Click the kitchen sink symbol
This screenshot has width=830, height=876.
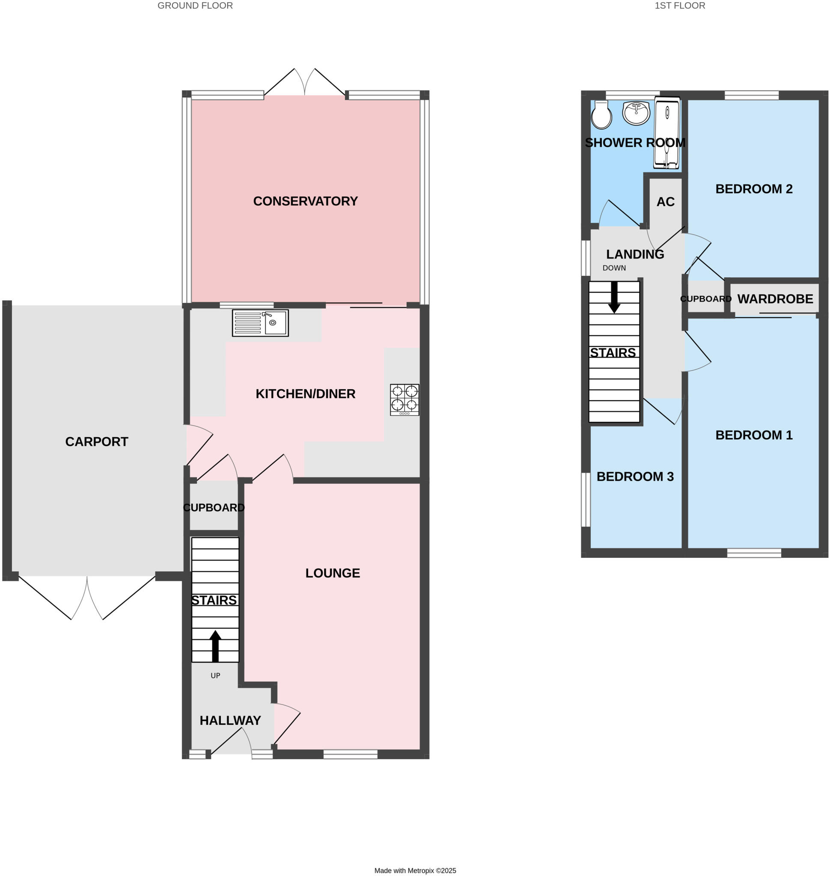[x=260, y=323]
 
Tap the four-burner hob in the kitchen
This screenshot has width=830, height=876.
[x=405, y=400]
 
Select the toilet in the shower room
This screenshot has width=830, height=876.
[x=601, y=115]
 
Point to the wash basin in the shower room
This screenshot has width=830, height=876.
[x=636, y=113]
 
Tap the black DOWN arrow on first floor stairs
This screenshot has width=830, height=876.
[x=614, y=297]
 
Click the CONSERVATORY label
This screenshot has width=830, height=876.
[x=305, y=201]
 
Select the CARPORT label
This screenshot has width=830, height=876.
[x=96, y=442]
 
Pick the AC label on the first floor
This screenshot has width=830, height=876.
[x=666, y=202]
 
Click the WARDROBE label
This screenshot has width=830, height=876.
[x=775, y=299]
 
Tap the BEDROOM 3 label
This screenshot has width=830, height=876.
[x=635, y=476]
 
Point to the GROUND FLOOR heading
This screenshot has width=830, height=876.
[x=195, y=6]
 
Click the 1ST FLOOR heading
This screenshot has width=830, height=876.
[x=680, y=6]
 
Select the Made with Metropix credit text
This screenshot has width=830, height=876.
[x=415, y=870]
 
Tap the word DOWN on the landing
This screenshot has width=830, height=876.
[x=614, y=268]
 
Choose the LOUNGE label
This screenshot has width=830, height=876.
[x=333, y=573]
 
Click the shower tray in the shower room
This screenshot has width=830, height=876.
[x=667, y=133]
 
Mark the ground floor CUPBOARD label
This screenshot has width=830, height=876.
[x=214, y=508]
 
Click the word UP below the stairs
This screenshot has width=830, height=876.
[x=215, y=676]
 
